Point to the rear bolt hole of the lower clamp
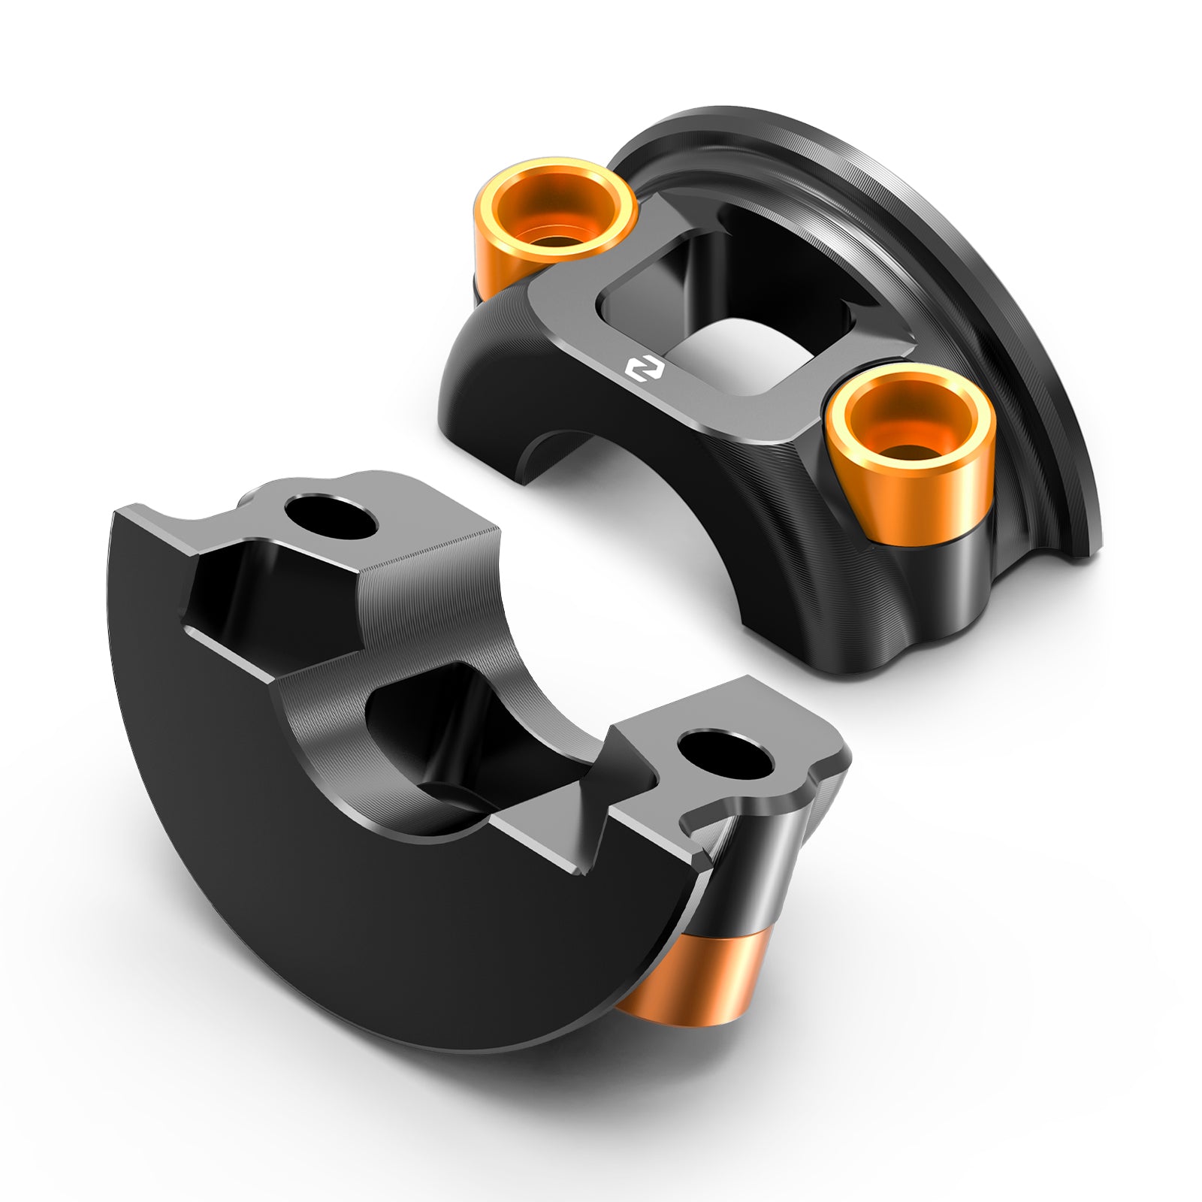331,517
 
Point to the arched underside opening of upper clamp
556,458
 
